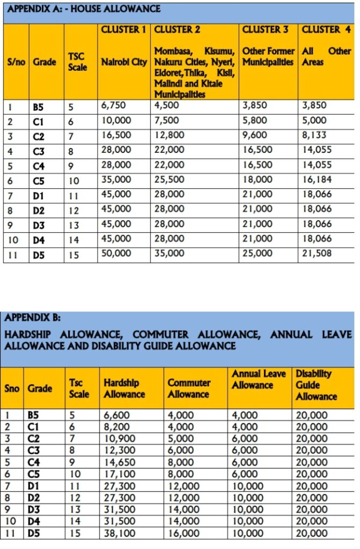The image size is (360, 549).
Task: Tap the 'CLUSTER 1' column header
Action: coord(123,30)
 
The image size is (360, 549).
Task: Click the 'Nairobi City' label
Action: coord(124,62)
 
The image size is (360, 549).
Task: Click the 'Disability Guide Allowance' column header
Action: coord(316,385)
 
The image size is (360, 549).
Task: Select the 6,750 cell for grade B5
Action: coord(113,106)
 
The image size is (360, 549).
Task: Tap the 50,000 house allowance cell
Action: coord(115,254)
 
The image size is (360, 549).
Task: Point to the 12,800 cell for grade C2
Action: coord(169,136)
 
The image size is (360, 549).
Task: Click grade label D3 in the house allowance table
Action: coord(39,225)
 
